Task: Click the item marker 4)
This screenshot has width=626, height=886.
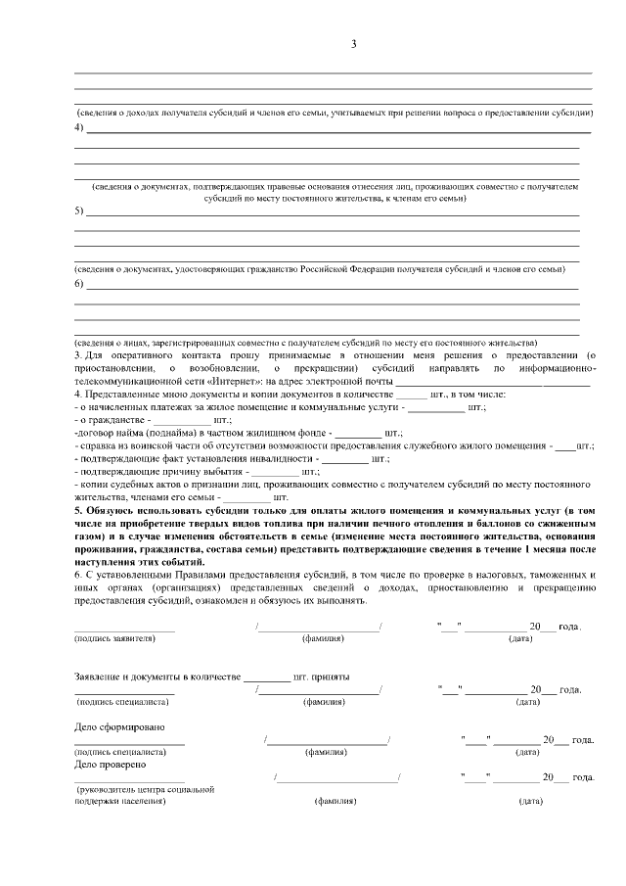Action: [x=79, y=128]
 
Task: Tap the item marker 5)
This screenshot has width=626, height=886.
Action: [x=79, y=210]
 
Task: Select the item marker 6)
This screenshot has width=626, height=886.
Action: [x=79, y=284]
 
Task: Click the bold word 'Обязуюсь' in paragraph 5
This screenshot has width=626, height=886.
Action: [x=110, y=511]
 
